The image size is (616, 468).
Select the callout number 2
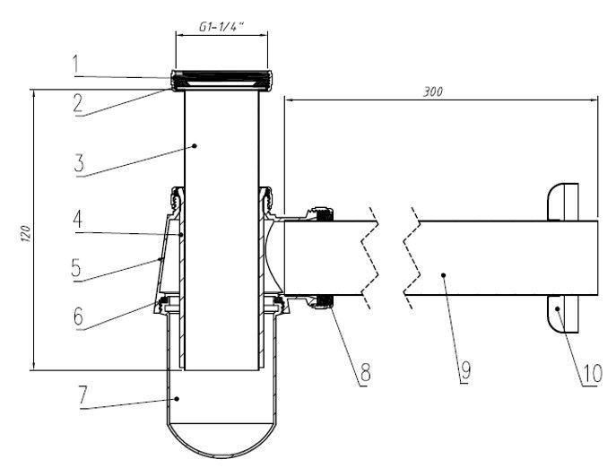click(x=78, y=102)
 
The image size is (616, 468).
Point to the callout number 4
click(x=78, y=218)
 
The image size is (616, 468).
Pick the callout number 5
click(x=78, y=266)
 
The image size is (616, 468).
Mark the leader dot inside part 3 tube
click(x=194, y=143)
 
